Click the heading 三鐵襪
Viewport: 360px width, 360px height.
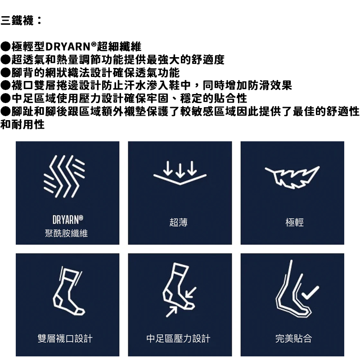coord(17,20)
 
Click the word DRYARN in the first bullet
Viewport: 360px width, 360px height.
coord(68,47)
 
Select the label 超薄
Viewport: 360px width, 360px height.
coord(178,222)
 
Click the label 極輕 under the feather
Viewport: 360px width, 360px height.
coord(295,222)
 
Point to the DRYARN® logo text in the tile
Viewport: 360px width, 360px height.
coord(68,220)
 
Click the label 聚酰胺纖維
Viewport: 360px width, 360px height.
coord(66,233)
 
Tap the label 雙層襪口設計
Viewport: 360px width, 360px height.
coord(65,338)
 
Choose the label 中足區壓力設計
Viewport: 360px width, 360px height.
coord(178,338)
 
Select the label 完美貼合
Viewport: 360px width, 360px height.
coord(294,338)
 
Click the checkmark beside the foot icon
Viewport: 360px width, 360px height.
coord(310,293)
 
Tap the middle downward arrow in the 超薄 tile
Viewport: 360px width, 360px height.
coord(180,170)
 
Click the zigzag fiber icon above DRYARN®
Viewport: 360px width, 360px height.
coord(64,176)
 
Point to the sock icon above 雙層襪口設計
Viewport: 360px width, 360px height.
coord(68,291)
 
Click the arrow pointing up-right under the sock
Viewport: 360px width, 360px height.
coord(171,311)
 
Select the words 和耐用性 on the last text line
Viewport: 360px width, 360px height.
coord(22,125)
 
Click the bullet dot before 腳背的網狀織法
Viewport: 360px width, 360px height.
coord(5,73)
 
